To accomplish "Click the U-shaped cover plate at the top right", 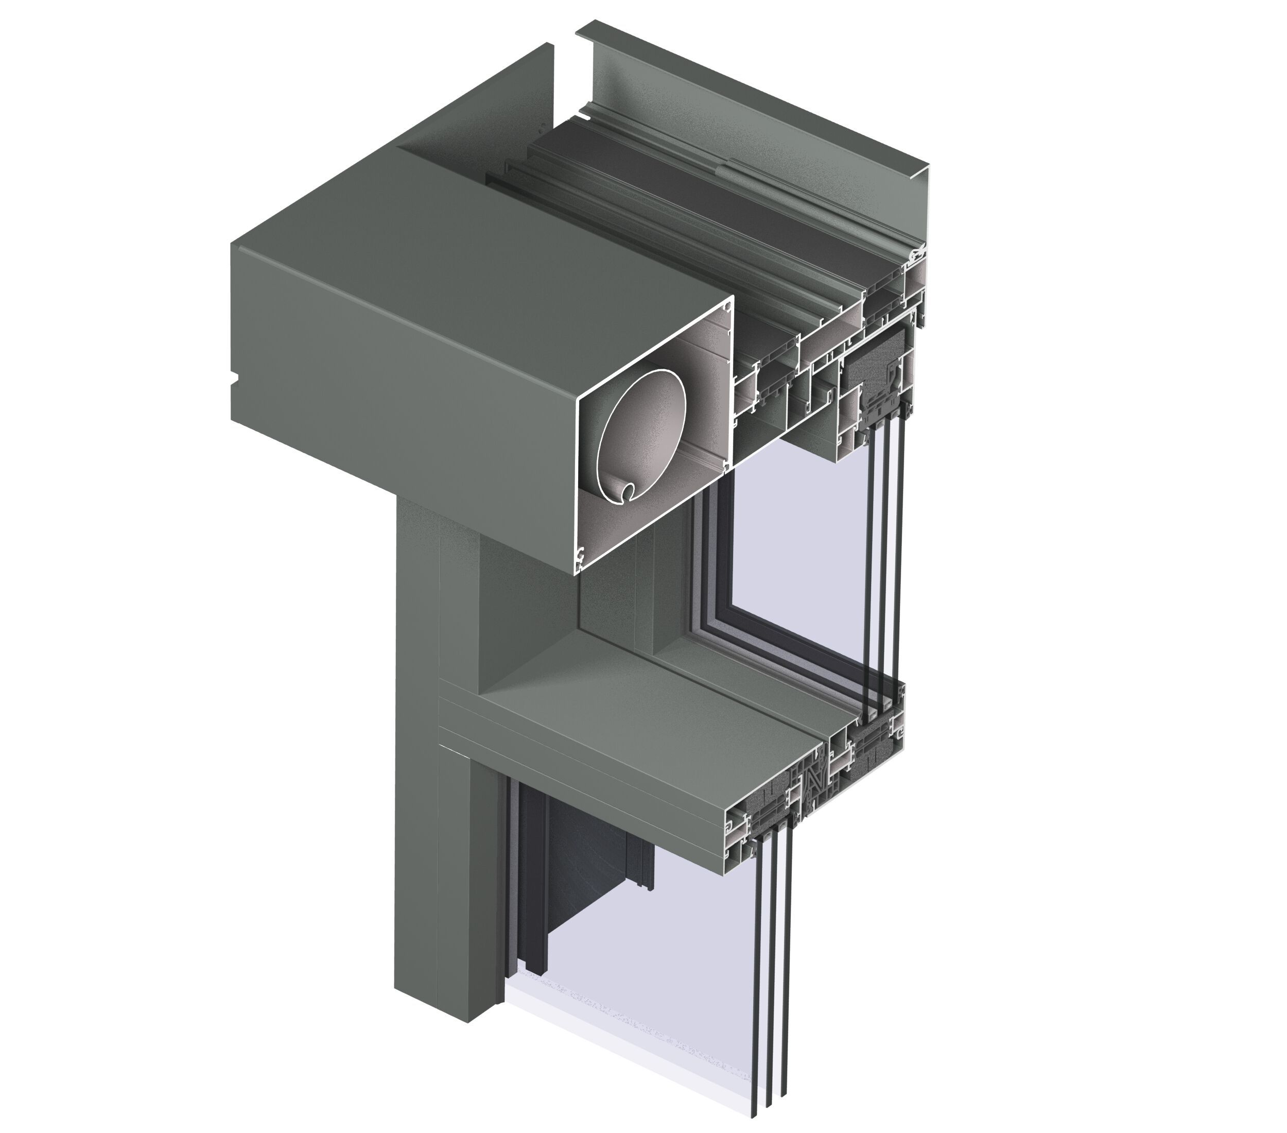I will click(x=756, y=101).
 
